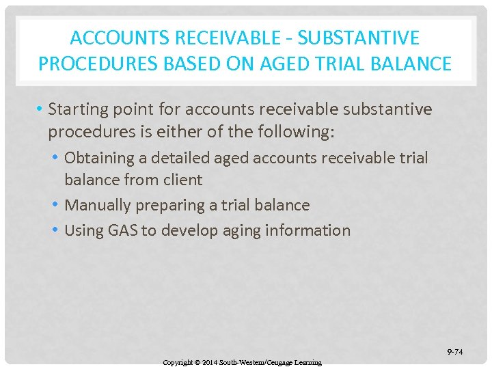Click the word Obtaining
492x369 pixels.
100,158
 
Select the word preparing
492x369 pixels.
169,205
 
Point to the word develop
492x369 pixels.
184,230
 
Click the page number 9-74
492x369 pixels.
454,352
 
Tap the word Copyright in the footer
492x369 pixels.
177,362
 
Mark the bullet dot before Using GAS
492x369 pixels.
56,230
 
